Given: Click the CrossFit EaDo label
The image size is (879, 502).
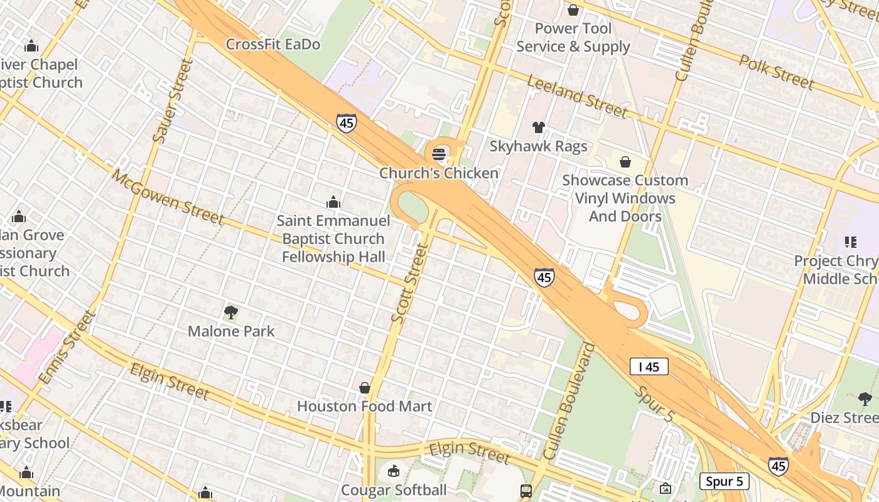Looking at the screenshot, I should pos(272,44).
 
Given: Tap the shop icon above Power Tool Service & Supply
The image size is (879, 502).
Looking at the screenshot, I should pos(573,10).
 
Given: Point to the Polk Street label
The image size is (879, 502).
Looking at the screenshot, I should pos(776,72).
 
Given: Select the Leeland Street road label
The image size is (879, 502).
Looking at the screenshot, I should pos(577,97).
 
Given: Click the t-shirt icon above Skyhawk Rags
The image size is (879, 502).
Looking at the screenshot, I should pos(538,127).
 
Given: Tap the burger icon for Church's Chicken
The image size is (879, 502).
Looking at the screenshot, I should pos(439,154).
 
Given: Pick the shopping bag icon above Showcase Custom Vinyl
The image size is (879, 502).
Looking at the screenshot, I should pos(625,162).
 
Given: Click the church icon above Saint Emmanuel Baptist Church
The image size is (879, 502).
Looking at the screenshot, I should pos(333,202).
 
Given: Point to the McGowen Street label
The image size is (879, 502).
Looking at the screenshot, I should pos(168,196).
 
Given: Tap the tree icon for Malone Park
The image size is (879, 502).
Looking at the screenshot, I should pos(231,312).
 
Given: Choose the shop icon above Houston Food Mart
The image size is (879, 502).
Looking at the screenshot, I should pos(365,388).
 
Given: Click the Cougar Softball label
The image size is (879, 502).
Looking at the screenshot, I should pos(394,489).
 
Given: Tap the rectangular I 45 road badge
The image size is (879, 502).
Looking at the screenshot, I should pos(649,366).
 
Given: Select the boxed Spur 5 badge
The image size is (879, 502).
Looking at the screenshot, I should pos(724,481).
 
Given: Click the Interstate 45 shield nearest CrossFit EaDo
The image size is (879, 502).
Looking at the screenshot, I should pos(346,122).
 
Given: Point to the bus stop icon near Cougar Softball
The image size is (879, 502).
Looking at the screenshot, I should pos(526,491).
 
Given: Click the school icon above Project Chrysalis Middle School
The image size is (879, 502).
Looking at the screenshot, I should pos(851,242).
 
